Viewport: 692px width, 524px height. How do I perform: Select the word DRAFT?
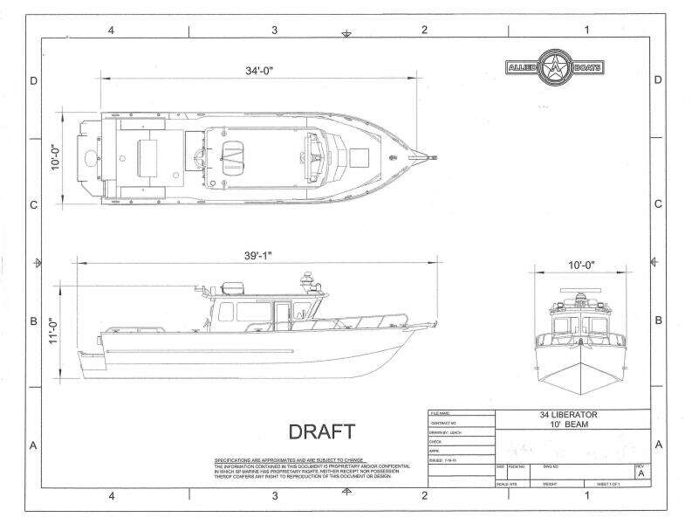pos(321,431)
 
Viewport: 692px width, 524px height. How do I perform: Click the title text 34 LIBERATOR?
pos(572,415)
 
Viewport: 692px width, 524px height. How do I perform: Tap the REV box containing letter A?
pos(641,473)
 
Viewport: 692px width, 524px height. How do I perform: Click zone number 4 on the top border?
pos(111,30)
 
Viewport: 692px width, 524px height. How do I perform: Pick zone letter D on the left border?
pos(33,81)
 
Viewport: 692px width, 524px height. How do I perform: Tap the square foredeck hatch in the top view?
pos(359,156)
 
